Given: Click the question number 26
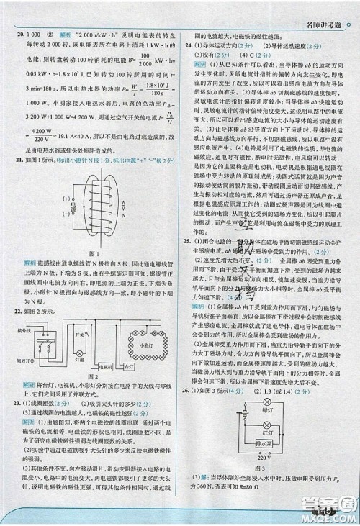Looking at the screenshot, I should (186, 390).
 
